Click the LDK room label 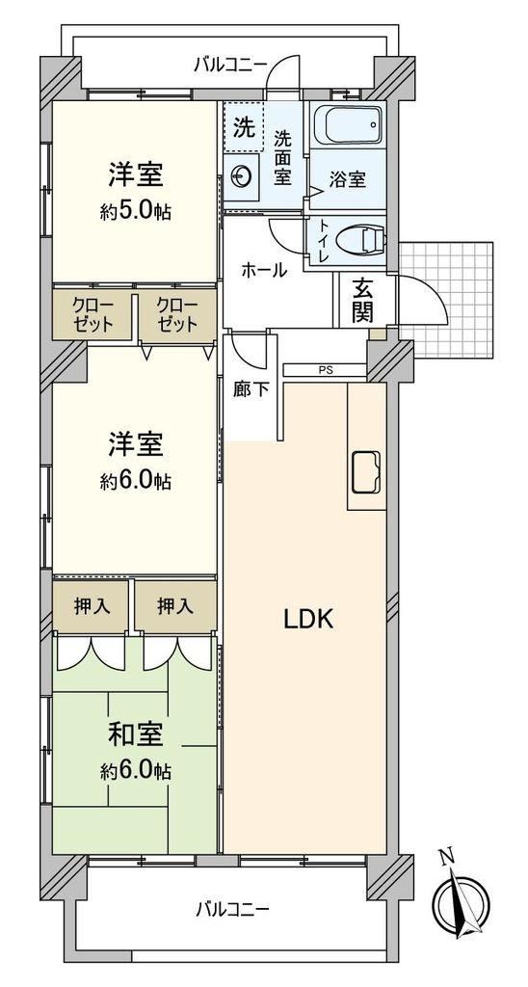pos(307,620)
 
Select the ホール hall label pos(264,270)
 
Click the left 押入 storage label pos(92,607)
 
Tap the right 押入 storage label pos(175,607)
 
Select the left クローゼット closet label pos(93,315)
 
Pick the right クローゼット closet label pos(177,315)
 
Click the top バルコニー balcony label pos(231,64)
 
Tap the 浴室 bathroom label pos(348,179)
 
